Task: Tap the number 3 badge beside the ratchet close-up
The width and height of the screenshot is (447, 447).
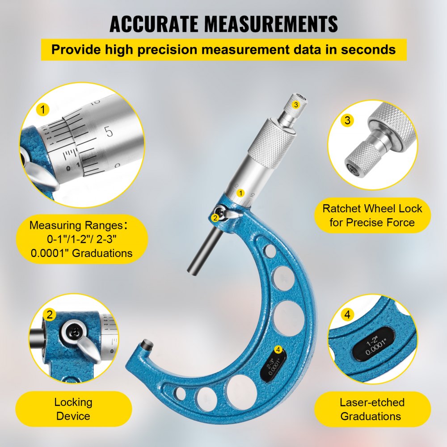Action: pyautogui.click(x=347, y=120)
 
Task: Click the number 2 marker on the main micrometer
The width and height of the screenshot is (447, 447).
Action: pyautogui.click(x=215, y=218)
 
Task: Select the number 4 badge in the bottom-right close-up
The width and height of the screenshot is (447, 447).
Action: pyautogui.click(x=347, y=314)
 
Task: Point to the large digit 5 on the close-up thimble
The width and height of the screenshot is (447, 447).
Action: pyautogui.click(x=108, y=131)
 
